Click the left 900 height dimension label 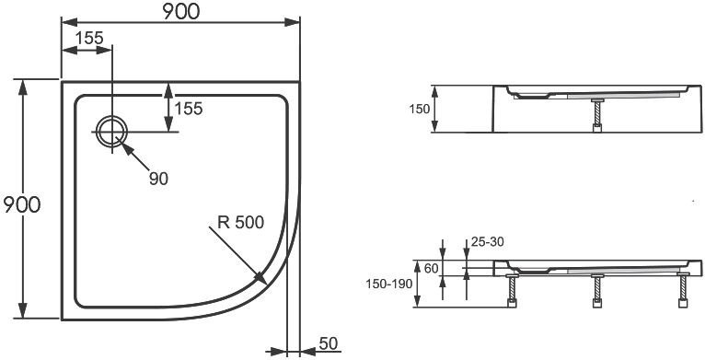[x=20, y=204]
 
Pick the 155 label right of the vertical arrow [x=188, y=109]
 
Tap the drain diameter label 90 [x=158, y=179]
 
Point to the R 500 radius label [x=240, y=222]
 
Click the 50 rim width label [x=328, y=343]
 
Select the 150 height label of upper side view [x=420, y=110]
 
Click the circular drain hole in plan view [x=112, y=132]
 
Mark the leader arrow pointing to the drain [x=137, y=157]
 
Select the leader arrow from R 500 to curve [x=237, y=253]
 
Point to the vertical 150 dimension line [x=436, y=110]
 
